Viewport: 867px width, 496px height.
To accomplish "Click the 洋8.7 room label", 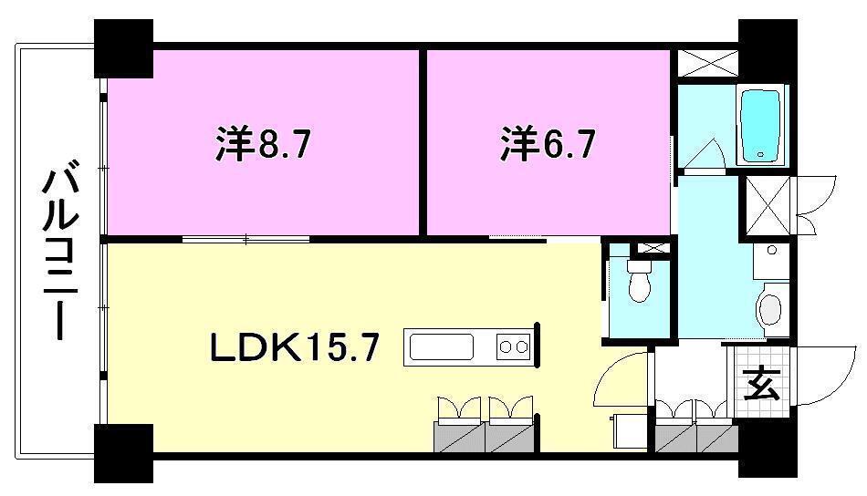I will [265, 144].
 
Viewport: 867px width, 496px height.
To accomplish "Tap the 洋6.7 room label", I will [548, 144].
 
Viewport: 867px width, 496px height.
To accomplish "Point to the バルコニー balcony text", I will [59, 251].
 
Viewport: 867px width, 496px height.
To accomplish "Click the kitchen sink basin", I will [441, 347].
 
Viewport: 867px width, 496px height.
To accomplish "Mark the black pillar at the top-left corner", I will [124, 50].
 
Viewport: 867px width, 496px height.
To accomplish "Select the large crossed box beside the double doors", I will [766, 207].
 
